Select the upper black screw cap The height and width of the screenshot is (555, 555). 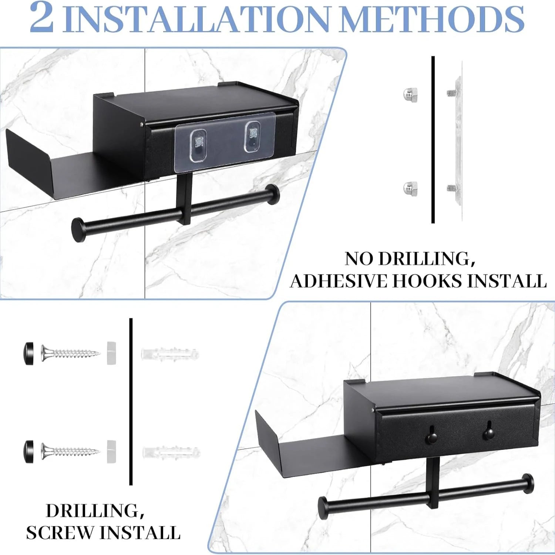28,354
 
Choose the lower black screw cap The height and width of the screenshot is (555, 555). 28,451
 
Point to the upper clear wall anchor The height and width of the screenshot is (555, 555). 170,354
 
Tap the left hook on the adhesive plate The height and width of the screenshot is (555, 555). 199,145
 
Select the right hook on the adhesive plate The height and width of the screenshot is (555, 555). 253,136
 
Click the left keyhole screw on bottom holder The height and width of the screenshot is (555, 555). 431,437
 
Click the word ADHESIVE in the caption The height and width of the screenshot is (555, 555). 339,281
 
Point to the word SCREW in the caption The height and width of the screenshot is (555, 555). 61,533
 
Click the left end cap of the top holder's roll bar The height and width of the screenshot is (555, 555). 79,230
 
